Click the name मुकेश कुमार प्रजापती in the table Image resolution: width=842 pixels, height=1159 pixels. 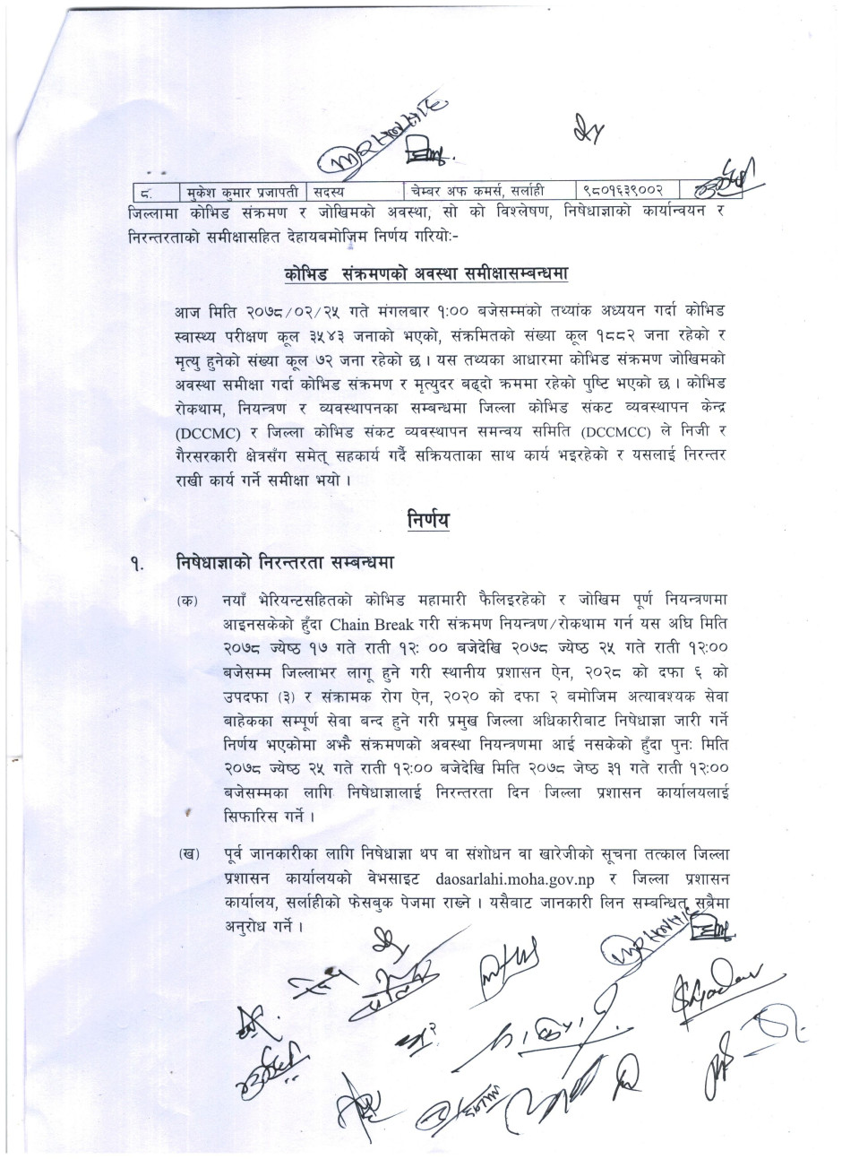pos(240,191)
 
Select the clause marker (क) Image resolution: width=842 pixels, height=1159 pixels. pos(188,600)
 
